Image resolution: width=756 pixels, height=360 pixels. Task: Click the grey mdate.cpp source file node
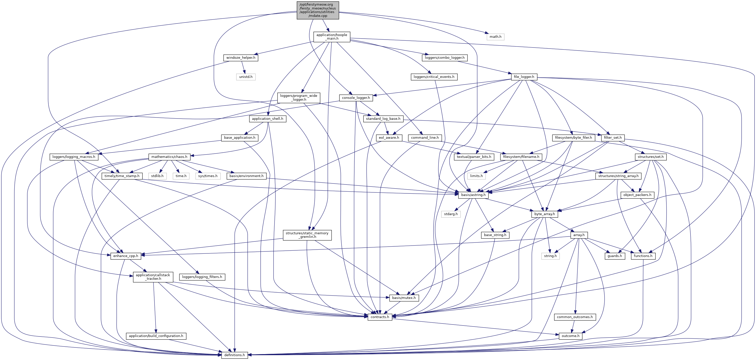coord(317,10)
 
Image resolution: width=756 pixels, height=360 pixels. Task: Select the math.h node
coord(495,37)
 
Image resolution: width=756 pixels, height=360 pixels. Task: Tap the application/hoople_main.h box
coord(332,37)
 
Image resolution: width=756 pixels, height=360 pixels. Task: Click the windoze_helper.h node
coord(241,58)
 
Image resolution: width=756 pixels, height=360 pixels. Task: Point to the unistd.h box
coord(246,77)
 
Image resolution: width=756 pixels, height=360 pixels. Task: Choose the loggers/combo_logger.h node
coord(444,58)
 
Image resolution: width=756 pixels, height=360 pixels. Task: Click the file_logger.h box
coord(524,77)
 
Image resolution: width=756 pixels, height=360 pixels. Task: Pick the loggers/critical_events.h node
coord(434,77)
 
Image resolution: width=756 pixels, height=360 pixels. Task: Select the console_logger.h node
coord(356,98)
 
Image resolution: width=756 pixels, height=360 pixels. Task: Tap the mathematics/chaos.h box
coord(169,157)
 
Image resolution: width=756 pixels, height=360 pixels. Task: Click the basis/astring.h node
coord(473,195)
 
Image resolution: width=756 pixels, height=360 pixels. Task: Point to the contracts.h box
coord(380,317)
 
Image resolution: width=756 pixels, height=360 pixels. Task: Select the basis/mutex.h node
coord(403,298)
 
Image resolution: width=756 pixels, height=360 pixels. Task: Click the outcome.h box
coord(570,336)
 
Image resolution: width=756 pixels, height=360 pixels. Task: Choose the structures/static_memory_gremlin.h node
coord(307,235)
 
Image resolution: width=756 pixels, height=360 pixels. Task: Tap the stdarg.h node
coord(451,214)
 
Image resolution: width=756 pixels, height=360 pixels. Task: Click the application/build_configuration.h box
coord(156,336)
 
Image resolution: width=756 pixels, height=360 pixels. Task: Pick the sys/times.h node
coord(207,176)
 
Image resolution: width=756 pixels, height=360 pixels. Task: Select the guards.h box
coord(614,256)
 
